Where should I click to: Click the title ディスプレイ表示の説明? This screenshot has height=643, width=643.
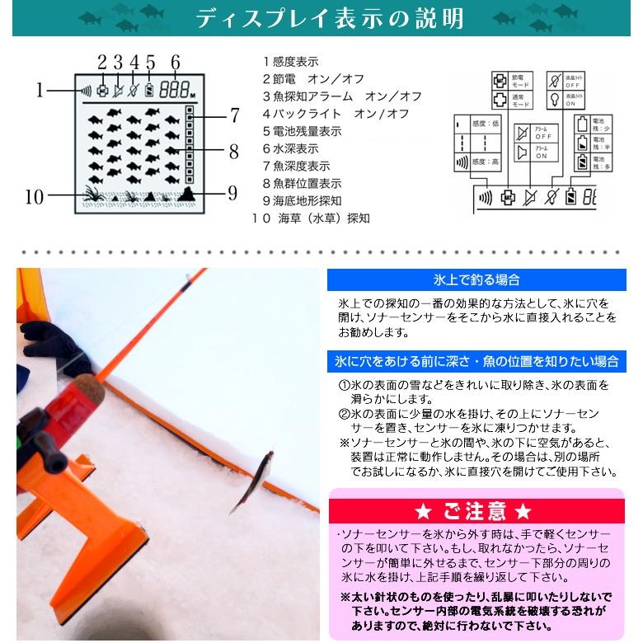coord(329,18)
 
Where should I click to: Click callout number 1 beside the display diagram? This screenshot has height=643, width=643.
coord(39,88)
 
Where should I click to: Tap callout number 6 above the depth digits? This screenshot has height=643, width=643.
coord(175,61)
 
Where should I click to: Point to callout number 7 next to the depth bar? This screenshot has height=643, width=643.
coord(235,116)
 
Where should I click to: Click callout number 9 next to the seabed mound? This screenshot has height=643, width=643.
coord(233,193)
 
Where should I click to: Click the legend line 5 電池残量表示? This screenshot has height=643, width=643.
coord(302,131)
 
